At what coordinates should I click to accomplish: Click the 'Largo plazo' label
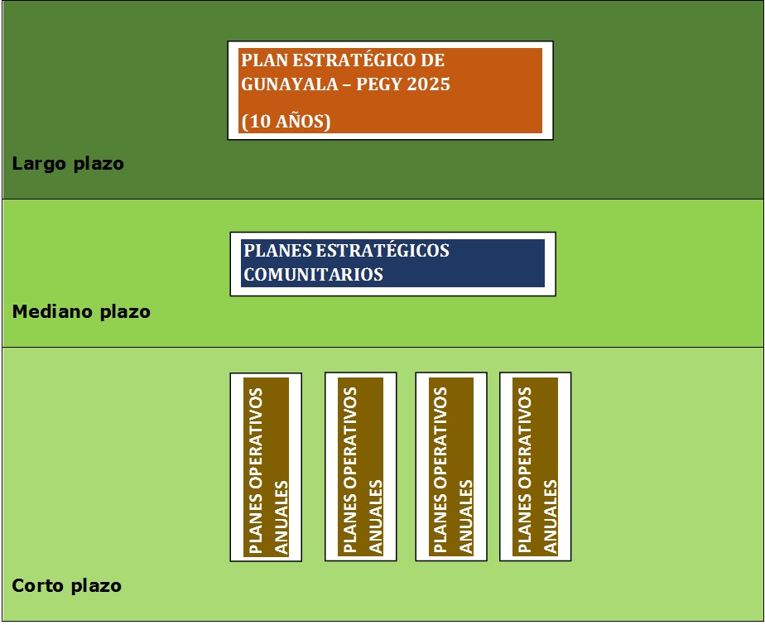pyautogui.click(x=68, y=164)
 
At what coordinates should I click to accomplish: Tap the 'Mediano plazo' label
pyautogui.click(x=81, y=312)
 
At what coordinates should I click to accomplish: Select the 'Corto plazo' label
pyautogui.click(x=66, y=586)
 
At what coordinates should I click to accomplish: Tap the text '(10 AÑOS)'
pyautogui.click(x=286, y=122)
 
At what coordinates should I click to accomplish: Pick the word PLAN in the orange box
pyautogui.click(x=261, y=60)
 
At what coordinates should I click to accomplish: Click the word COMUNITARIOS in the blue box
pyautogui.click(x=314, y=275)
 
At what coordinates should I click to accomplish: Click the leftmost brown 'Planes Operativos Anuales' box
pyautogui.click(x=266, y=467)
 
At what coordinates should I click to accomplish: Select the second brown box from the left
pyautogui.click(x=360, y=467)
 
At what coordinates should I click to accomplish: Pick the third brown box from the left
pyautogui.click(x=451, y=467)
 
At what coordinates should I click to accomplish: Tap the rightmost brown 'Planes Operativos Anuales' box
pyautogui.click(x=535, y=467)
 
